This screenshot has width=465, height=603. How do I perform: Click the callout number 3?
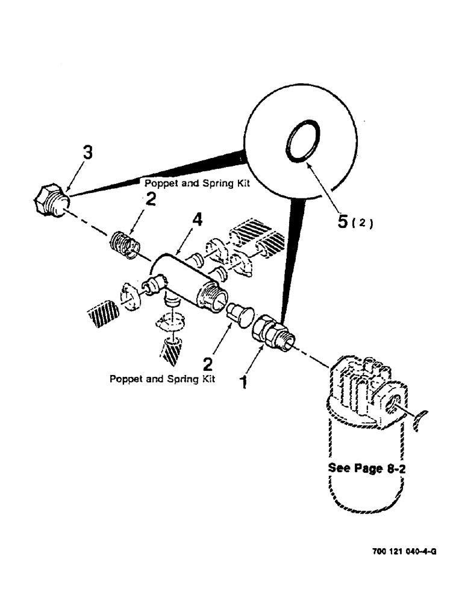coord(88,154)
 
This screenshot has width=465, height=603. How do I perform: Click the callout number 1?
coord(244,382)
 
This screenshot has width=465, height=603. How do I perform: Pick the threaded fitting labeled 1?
coord(272,332)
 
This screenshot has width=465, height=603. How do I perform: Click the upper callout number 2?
coord(151,199)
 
